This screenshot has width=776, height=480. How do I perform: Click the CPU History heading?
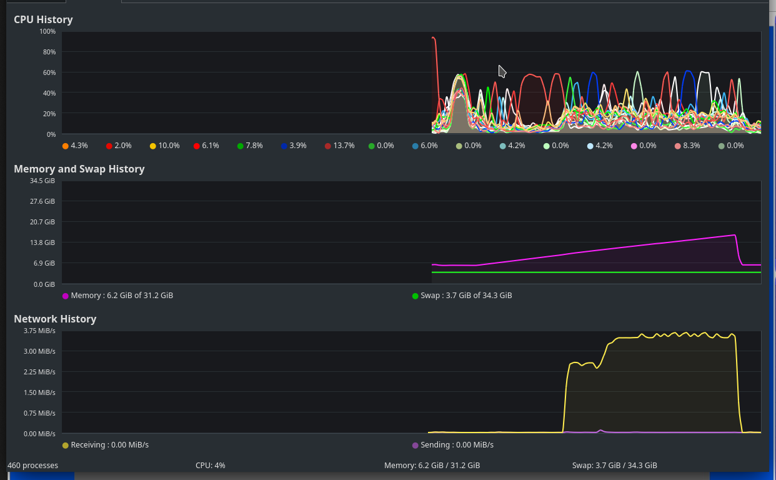(43, 19)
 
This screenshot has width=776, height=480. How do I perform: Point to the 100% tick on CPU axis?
(47, 31)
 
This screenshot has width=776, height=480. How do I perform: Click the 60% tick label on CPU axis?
(49, 72)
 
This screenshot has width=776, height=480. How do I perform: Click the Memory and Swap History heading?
(79, 169)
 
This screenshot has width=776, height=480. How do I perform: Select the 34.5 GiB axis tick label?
(42, 181)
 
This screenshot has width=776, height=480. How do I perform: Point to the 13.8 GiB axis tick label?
(42, 242)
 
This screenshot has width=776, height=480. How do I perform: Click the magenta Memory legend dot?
(66, 296)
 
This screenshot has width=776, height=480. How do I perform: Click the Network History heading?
(55, 319)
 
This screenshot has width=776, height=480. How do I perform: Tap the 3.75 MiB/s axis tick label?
(39, 331)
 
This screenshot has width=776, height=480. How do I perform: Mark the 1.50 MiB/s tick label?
(39, 392)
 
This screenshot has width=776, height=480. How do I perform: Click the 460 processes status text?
(32, 466)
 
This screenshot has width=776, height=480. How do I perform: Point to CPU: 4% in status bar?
(210, 466)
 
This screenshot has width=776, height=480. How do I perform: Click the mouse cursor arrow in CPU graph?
(502, 71)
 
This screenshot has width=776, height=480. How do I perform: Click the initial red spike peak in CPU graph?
(433, 38)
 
